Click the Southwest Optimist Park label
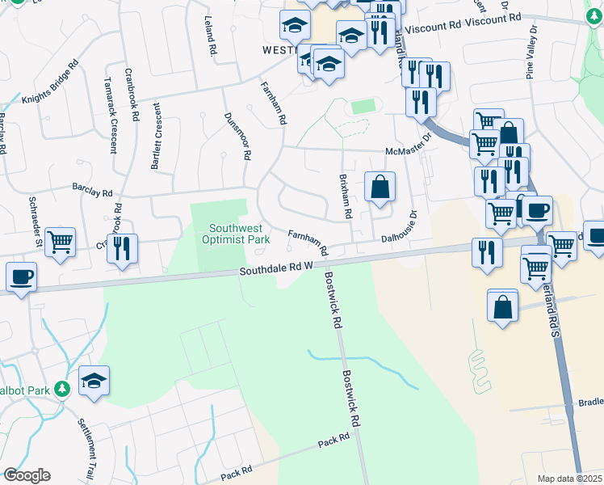click(240, 234)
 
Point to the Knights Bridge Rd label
click(50, 83)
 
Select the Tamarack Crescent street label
click(111, 115)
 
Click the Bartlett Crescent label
click(155, 137)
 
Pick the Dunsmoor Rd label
click(238, 135)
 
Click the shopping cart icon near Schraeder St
click(61, 242)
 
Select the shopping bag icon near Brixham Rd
click(380, 187)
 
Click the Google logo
click(27, 475)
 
